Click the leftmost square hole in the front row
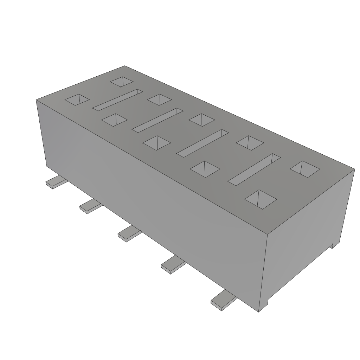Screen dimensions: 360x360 pyautogui.click(x=77, y=99)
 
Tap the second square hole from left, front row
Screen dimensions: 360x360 pyautogui.click(x=114, y=120)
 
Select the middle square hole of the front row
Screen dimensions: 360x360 pyautogui.click(x=156, y=143)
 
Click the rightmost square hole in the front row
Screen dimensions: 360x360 pyautogui.click(x=261, y=199)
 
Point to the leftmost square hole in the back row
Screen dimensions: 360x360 pyautogui.click(x=122, y=82)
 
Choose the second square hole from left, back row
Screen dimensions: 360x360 pyautogui.click(x=159, y=99)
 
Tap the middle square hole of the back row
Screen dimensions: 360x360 pyautogui.click(x=201, y=119)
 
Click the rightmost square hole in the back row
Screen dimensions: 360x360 pyautogui.click(x=304, y=169)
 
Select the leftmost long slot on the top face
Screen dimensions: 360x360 pyautogui.click(x=117, y=100)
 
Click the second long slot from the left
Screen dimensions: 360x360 pyautogui.click(x=157, y=120)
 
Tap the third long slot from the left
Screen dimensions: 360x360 pyautogui.click(x=202, y=143)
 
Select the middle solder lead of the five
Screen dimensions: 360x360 pyautogui.click(x=129, y=234)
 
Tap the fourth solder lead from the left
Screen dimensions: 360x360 pyautogui.click(x=173, y=264)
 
